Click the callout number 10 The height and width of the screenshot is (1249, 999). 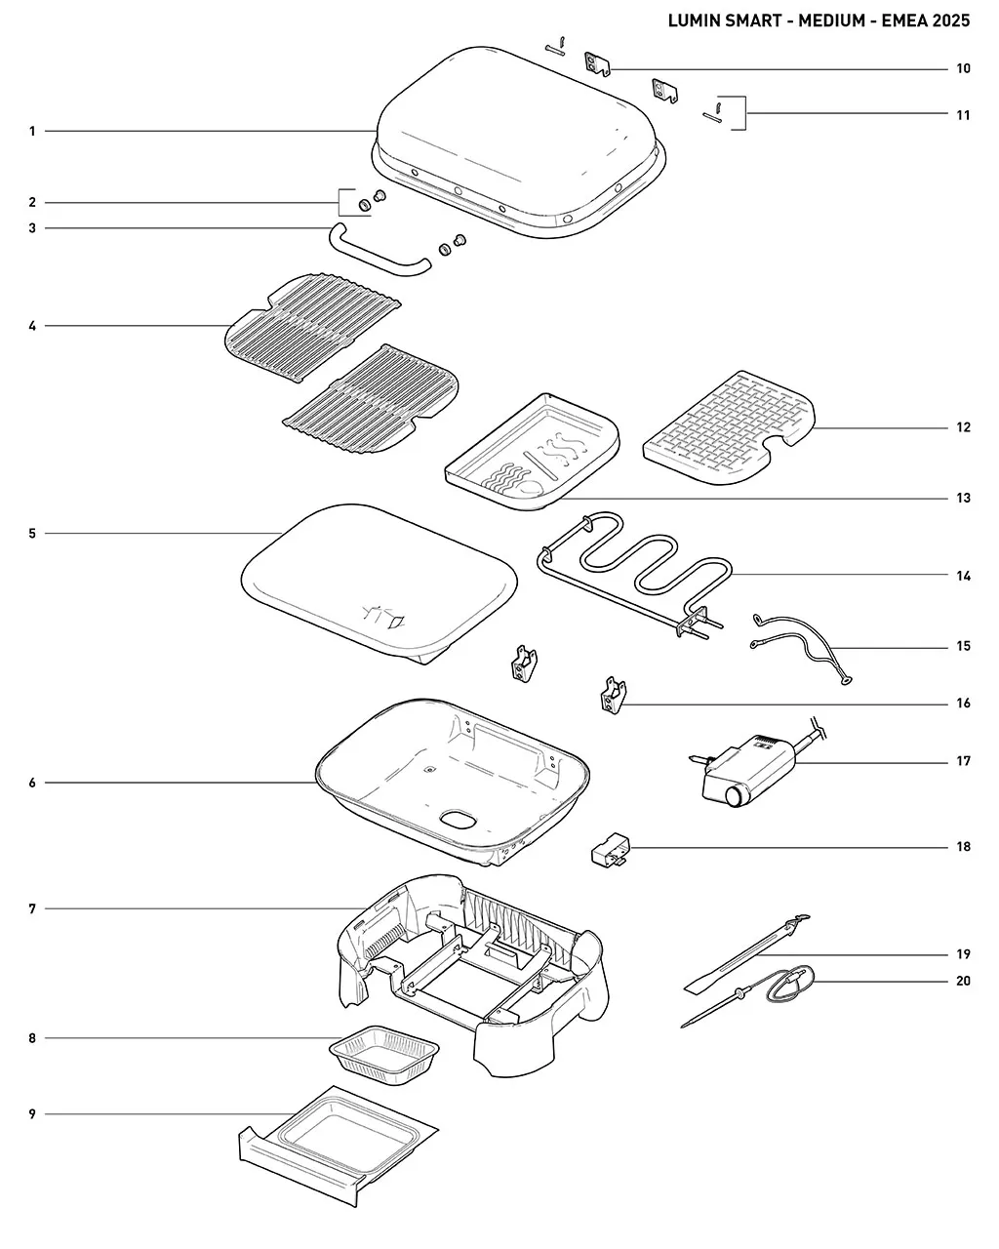coord(963,68)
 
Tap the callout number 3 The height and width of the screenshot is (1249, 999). coord(32,228)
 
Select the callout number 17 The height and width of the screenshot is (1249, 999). coord(963,761)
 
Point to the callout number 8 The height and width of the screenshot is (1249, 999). coord(32,1038)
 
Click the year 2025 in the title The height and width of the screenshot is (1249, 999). coord(950,20)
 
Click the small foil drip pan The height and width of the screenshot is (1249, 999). coord(383,1055)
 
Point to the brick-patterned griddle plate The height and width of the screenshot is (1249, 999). coord(729,428)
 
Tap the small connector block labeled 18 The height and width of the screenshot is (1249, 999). coord(610,850)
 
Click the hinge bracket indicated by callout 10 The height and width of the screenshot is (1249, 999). coord(597,63)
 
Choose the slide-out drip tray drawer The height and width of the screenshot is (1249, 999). coord(338,1147)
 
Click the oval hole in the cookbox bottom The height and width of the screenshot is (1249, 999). coord(458,820)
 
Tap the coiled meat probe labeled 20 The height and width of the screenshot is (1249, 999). coord(755,997)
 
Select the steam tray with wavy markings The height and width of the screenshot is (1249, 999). coord(532,453)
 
